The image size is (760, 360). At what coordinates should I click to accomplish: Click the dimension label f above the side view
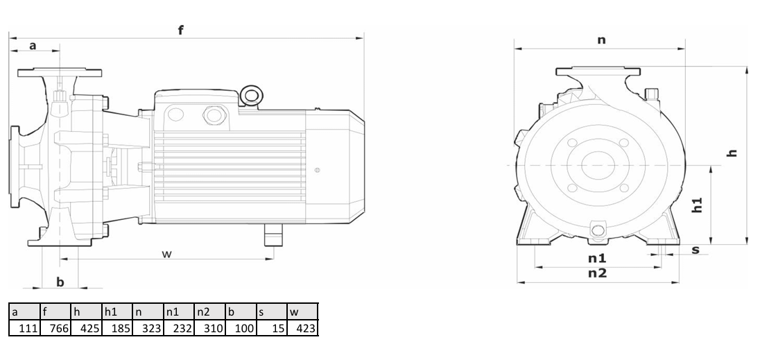[x=181, y=30]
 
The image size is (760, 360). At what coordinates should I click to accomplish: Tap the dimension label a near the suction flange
[x=33, y=46]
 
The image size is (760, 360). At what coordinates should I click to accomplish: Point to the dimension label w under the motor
[x=166, y=254]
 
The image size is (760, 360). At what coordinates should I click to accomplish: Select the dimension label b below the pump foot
[x=60, y=282]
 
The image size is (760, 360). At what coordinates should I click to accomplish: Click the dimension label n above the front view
[x=601, y=40]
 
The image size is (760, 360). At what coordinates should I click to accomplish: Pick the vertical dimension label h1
[x=697, y=205]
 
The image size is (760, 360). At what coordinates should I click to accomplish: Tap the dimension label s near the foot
[x=696, y=250]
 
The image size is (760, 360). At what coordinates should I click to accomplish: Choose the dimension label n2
[x=597, y=273]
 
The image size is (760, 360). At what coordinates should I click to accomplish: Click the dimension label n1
[x=597, y=259]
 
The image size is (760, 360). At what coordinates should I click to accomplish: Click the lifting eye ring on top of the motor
[x=250, y=94]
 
